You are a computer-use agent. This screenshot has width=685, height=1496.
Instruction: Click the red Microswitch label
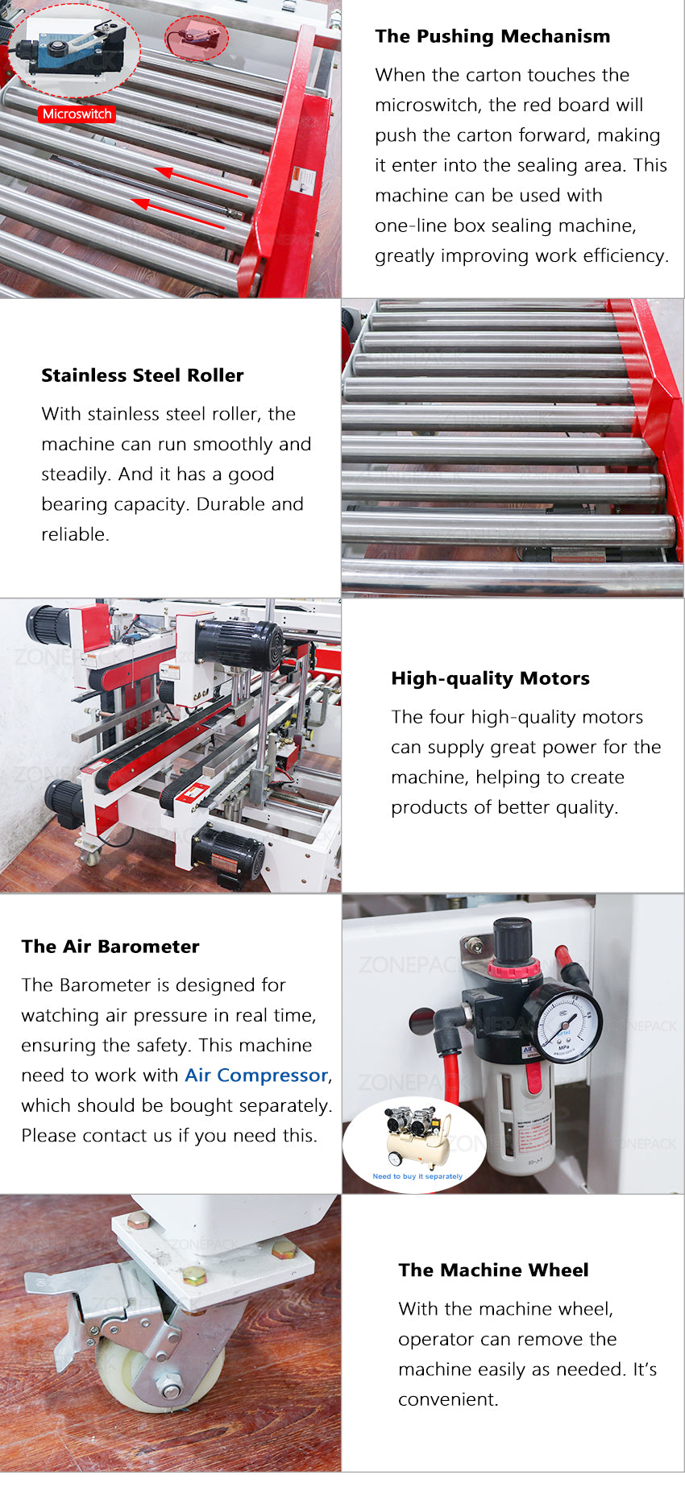coord(77,114)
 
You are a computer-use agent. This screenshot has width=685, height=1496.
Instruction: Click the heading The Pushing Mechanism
coord(492,36)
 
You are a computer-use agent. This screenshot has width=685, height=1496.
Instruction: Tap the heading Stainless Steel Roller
coord(143,375)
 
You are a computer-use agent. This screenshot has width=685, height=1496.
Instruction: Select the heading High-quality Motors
coord(490,678)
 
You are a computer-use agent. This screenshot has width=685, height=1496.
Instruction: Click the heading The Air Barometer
coord(110,947)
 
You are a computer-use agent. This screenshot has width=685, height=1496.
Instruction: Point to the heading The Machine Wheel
coord(493,1270)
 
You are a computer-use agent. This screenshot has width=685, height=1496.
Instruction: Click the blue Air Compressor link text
coord(256,1075)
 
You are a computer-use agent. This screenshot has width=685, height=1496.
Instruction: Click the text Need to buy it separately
coord(417,1176)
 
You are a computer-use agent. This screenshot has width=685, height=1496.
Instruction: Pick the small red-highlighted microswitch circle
coord(197,37)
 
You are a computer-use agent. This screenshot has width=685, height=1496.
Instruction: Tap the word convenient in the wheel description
coord(447,1400)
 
